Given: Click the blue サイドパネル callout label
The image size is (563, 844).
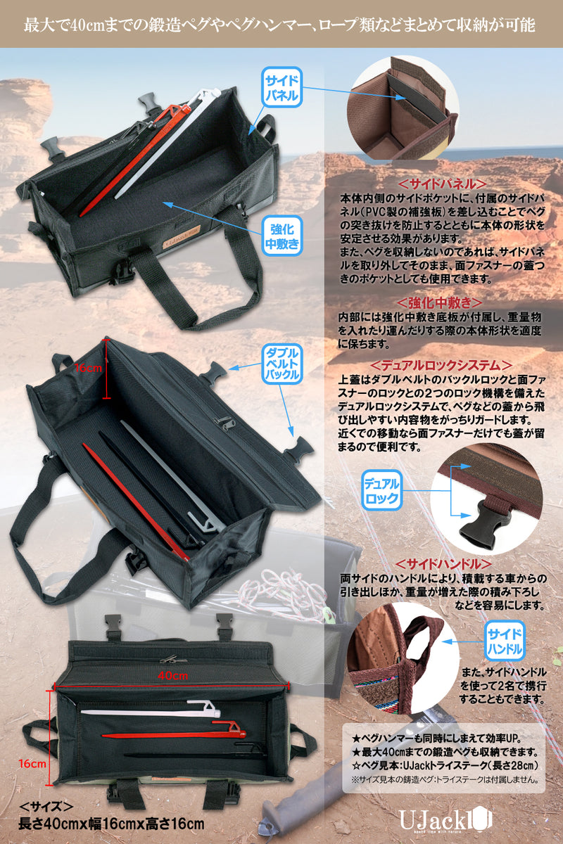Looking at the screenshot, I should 281,87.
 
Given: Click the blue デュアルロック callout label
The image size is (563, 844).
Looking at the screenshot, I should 381,492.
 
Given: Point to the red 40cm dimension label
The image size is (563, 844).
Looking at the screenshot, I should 172,676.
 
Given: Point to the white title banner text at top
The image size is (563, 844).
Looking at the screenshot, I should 281,25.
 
